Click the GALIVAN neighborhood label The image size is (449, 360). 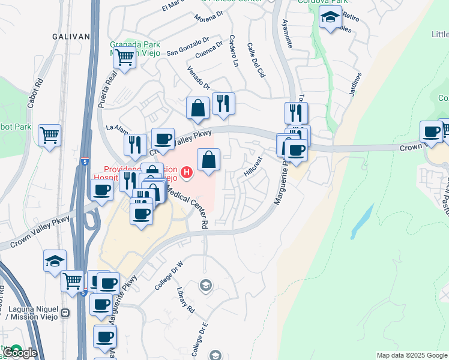pyautogui.click(x=71, y=37)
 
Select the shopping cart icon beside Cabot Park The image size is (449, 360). pyautogui.click(x=49, y=134)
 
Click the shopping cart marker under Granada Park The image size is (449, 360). pyautogui.click(x=124, y=58)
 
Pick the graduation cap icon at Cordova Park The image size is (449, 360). pyautogui.click(x=330, y=17)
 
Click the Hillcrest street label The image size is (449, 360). pyautogui.click(x=253, y=166)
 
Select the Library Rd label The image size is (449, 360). pyautogui.click(x=186, y=301)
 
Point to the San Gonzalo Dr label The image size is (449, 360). pyautogui.click(x=187, y=44)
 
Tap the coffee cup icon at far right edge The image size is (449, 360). pyautogui.click(x=430, y=131)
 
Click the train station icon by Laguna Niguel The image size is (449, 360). pyautogui.click(x=65, y=313)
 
